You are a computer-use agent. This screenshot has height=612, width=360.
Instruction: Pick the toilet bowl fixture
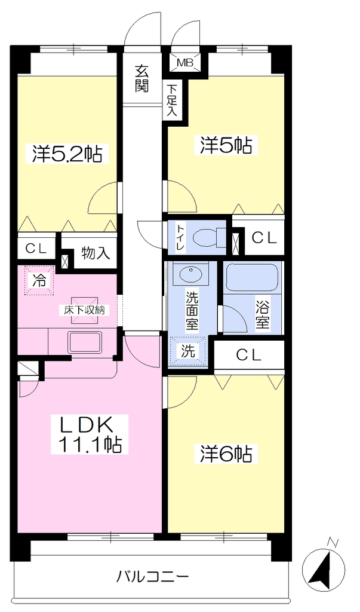(x=210, y=237)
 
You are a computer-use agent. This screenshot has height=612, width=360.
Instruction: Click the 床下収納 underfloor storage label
(x=84, y=310)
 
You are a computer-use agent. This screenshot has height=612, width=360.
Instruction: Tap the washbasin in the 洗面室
(x=190, y=274)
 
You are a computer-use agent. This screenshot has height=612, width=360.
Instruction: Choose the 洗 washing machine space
(x=189, y=351)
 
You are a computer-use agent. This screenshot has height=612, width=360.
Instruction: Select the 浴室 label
(x=263, y=314)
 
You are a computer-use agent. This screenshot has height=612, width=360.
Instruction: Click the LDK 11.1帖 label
(x=90, y=434)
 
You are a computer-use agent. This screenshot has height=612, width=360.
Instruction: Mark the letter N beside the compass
(x=333, y=542)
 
